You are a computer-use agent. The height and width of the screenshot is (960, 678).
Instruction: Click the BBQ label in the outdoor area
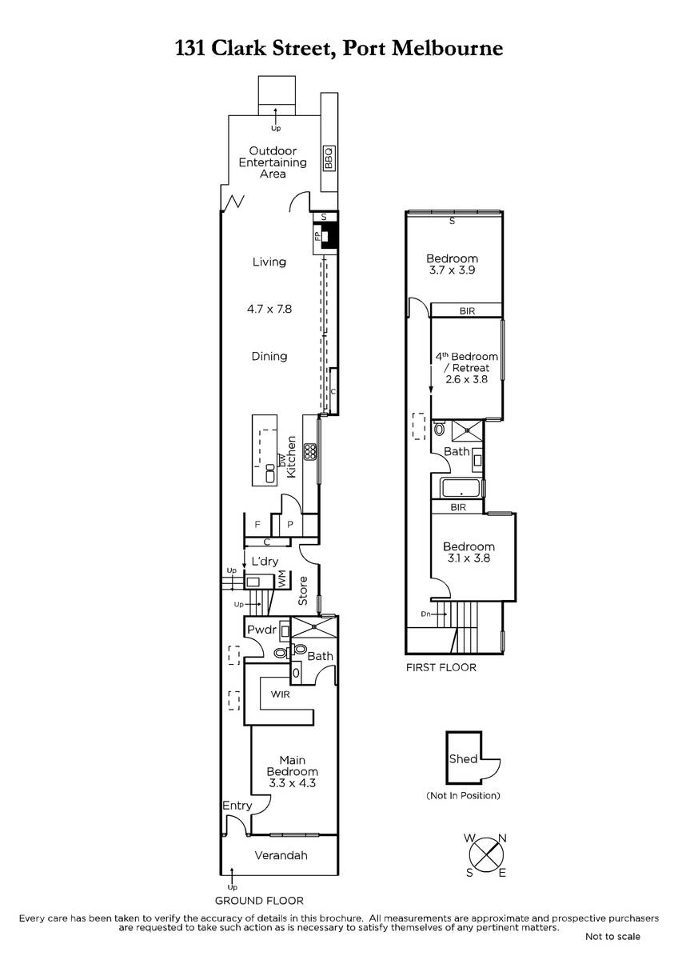pyautogui.click(x=329, y=158)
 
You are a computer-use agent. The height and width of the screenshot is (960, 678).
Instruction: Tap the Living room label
pyautogui.click(x=269, y=262)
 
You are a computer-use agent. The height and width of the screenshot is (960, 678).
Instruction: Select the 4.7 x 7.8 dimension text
pyautogui.click(x=269, y=309)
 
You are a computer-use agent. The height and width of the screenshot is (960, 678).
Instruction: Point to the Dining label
pyautogui.click(x=269, y=356)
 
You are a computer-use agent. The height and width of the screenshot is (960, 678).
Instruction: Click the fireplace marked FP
pyautogui.click(x=326, y=237)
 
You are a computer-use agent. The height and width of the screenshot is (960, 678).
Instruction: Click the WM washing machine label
pyautogui.click(x=281, y=581)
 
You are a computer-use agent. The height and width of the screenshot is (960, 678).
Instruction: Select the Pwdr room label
pyautogui.click(x=261, y=630)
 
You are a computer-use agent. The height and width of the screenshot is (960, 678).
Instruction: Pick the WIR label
pyautogui.click(x=280, y=694)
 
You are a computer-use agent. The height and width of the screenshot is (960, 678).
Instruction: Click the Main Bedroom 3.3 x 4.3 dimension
pyautogui.click(x=292, y=783)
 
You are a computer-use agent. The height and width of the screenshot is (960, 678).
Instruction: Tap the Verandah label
pyautogui.click(x=281, y=855)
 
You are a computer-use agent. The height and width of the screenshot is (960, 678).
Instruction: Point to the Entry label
pyautogui.click(x=237, y=806)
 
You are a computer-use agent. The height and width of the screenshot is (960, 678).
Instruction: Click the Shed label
pyautogui.click(x=463, y=759)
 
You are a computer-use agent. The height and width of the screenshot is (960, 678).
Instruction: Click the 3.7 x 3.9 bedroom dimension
pyautogui.click(x=452, y=270)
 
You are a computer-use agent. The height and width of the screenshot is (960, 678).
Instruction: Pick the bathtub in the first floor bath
pyautogui.click(x=461, y=489)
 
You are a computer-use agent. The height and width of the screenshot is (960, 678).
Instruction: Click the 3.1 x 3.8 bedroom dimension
pyautogui.click(x=469, y=558)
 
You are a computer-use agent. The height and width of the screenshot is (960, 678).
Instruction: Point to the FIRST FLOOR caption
pyautogui.click(x=441, y=667)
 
